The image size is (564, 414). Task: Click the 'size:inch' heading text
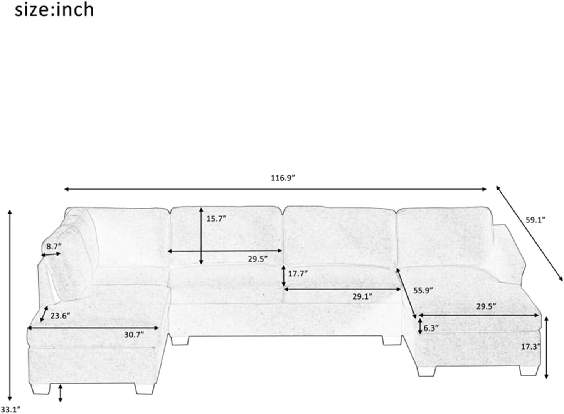(x=54, y=10)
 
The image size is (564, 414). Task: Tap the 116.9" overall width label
(x=283, y=178)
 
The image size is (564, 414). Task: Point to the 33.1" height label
(x=10, y=410)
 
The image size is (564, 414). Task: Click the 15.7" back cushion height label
(x=216, y=219)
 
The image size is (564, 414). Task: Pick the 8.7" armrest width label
(x=54, y=246)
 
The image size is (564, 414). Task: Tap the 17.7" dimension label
(x=298, y=274)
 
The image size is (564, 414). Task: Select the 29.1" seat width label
(x=362, y=297)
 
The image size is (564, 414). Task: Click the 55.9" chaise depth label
(x=423, y=290)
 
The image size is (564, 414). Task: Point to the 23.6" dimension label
(x=60, y=316)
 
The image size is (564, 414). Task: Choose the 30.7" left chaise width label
(x=134, y=335)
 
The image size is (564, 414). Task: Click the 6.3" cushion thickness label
(x=431, y=328)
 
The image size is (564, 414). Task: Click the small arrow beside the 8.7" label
(x=51, y=254)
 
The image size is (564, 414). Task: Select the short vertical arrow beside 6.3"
(x=420, y=326)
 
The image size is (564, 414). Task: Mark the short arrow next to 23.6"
(x=44, y=314)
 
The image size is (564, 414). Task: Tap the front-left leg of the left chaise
(x=40, y=395)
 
